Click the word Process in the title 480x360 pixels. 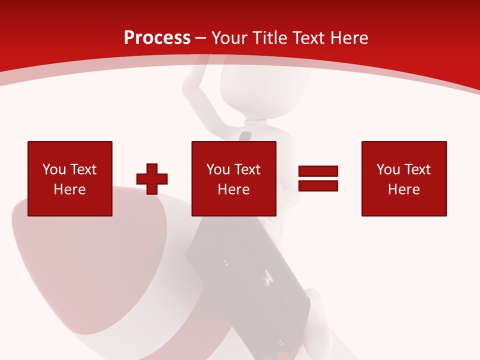(157, 38)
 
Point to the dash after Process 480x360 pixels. (201, 38)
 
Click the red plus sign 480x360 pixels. (152, 178)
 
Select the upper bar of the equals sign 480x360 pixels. (318, 171)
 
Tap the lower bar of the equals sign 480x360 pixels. (318, 185)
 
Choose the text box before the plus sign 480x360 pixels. (70, 178)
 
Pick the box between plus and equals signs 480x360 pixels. (234, 178)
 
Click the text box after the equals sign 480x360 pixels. (404, 178)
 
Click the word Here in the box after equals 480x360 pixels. (404, 189)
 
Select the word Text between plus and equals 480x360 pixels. (247, 169)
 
